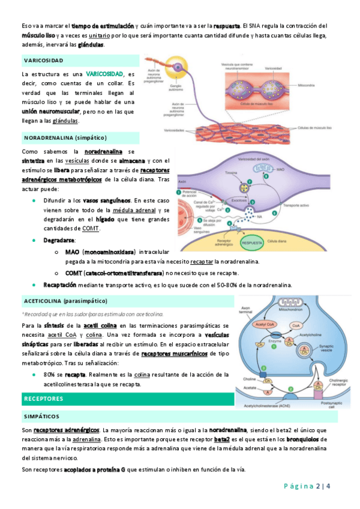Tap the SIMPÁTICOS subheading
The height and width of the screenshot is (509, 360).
click(41, 415)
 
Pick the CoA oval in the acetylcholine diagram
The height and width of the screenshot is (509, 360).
click(295, 325)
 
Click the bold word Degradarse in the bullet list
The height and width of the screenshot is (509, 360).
click(59, 239)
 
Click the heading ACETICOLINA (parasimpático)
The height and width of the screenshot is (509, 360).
click(65, 300)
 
